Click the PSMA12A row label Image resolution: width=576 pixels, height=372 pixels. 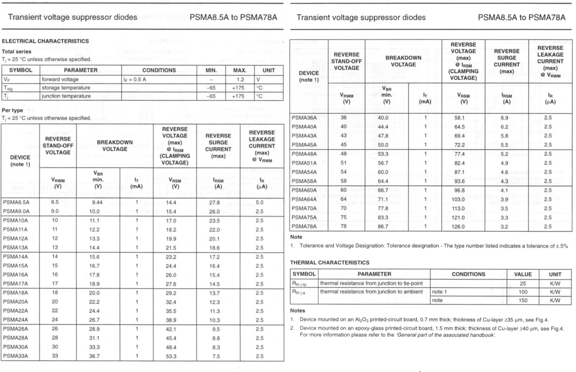[x=15, y=239]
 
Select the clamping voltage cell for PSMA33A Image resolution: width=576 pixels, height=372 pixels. [x=171, y=356]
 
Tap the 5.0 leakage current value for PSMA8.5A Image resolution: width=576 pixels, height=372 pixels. [x=260, y=203]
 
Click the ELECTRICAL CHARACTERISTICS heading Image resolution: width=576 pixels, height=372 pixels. [x=45, y=41]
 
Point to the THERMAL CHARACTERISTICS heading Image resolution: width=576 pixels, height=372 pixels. [x=330, y=263]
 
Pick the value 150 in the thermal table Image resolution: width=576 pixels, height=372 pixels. [x=523, y=300]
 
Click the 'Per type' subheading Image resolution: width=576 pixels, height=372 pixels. [x=12, y=110]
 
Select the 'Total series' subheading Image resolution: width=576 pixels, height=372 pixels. [x=17, y=51]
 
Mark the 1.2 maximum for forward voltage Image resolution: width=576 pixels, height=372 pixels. [x=240, y=80]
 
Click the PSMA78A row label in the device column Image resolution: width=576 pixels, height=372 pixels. [x=304, y=227]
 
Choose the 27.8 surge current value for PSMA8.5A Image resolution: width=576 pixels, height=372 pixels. [x=215, y=203]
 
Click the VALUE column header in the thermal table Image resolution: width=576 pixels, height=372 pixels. [x=523, y=274]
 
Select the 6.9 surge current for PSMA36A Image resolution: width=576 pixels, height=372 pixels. [x=504, y=118]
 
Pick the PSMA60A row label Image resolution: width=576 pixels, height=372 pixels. [x=304, y=190]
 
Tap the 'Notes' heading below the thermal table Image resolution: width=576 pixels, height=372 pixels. [x=297, y=310]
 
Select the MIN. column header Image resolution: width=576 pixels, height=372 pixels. [x=211, y=70]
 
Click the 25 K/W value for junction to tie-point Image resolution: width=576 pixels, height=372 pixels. [x=523, y=283]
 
